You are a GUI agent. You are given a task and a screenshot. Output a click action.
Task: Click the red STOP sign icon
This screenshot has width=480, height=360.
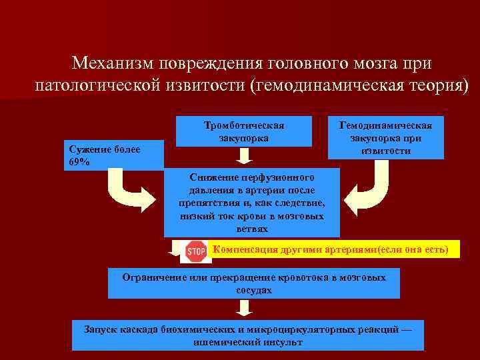(196, 251)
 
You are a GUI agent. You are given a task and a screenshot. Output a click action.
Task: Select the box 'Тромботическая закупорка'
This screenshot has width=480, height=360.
(244, 131)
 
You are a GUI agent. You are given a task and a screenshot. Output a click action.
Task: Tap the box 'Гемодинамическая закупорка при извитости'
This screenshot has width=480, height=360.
(385, 138)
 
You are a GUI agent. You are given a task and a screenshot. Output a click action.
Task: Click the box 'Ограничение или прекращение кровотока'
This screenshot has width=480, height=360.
(254, 283)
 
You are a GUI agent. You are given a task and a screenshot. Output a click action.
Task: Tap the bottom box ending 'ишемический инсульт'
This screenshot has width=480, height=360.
(247, 335)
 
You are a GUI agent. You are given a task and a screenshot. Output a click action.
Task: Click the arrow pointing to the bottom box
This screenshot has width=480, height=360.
(245, 308)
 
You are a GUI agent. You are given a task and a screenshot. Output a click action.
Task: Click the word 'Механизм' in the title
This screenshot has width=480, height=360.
(114, 63)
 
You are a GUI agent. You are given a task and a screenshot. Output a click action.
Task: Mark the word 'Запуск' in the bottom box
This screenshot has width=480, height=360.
(101, 329)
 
